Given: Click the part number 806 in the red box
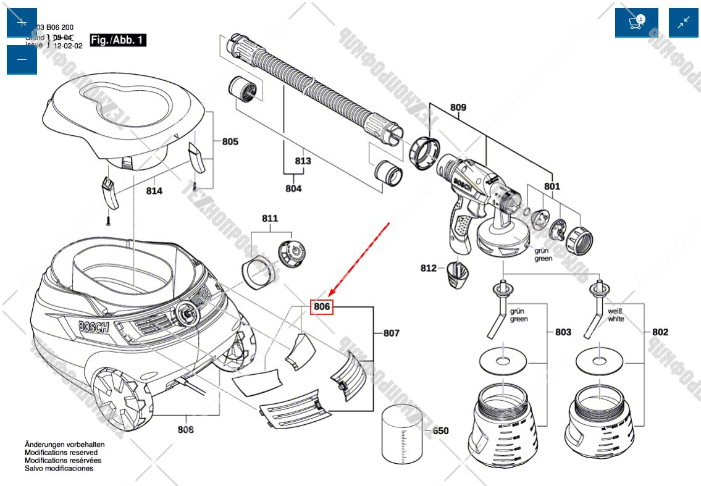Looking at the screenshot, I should pos(322,306).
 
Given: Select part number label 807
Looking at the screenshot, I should pos(391,333).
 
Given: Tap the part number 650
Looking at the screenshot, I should pos(440,431).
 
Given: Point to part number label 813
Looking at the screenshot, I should pos(303,161).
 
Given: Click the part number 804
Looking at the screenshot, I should pos(293,188).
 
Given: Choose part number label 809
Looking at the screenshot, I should pos(458,107).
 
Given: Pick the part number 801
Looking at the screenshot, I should pos(552,186).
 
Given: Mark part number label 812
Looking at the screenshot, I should pos(429,268).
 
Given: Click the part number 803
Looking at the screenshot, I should pos(563,332).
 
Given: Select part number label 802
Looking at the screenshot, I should pos(660,332).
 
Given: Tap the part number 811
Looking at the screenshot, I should pos(270,218).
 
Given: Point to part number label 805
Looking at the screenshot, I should pos(230,141).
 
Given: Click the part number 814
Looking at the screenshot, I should pos(154,191).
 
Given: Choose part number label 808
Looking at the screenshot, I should pos(185,430).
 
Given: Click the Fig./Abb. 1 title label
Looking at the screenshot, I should pos(117,40).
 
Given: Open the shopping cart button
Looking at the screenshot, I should pos(636,23).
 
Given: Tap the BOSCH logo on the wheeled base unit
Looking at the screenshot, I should pos(94,327).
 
